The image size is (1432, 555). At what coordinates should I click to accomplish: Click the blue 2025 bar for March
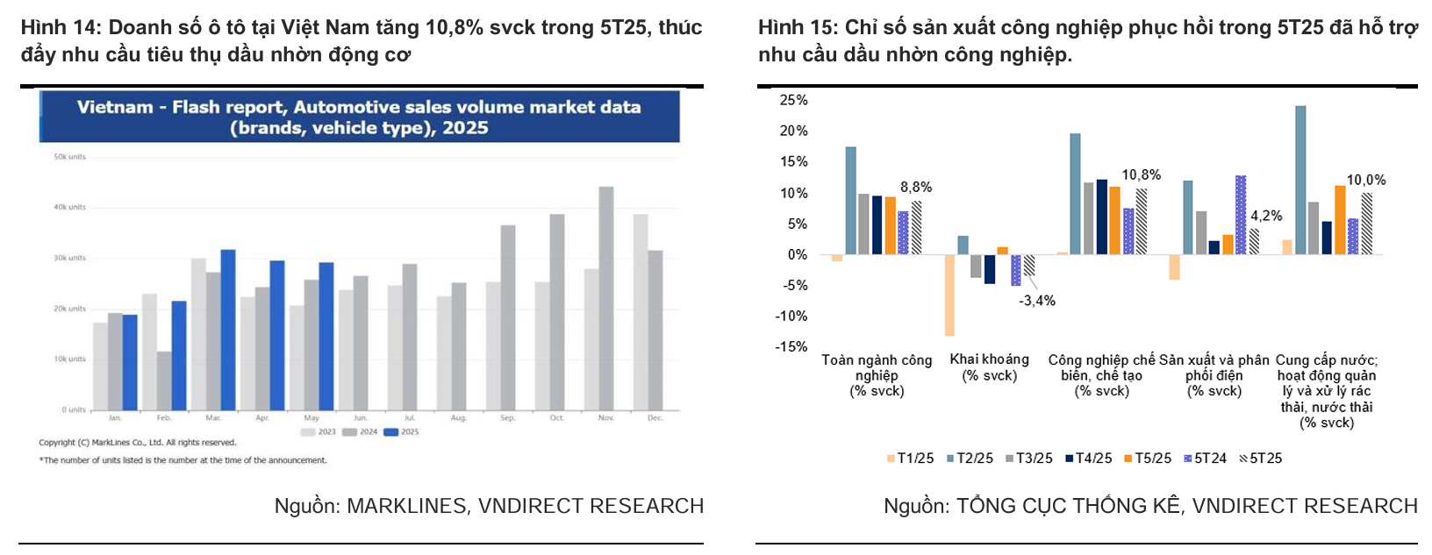227,330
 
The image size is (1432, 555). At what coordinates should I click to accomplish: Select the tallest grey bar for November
606,298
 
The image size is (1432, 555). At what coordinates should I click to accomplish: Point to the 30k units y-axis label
70,258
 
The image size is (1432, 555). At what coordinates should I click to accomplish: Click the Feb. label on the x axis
164,418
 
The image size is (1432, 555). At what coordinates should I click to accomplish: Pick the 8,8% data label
916,187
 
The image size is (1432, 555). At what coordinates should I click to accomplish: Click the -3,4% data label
1037,301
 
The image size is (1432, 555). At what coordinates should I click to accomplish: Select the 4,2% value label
1266,216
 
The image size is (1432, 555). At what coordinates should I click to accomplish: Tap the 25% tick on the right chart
793,100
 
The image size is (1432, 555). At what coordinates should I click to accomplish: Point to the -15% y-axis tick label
791,346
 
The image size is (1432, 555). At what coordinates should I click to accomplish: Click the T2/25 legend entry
970,459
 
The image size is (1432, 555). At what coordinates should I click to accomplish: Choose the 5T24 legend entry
1205,459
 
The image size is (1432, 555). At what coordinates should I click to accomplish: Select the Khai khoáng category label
989,359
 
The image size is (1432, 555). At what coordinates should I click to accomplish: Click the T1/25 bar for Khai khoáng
949,295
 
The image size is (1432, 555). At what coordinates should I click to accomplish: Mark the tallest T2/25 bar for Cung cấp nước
1300,181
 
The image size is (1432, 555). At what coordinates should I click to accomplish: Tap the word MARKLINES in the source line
406,506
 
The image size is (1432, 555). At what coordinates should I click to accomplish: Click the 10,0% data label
1366,180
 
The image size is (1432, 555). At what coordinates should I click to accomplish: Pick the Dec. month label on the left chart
655,418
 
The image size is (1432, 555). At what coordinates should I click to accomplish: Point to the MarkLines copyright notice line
138,443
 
